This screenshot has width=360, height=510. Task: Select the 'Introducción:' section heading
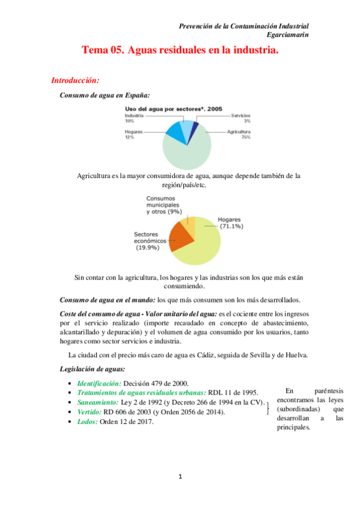pos(75,80)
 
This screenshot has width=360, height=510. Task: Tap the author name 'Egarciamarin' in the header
pos(288,35)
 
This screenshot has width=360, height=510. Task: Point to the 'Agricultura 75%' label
pos(239,134)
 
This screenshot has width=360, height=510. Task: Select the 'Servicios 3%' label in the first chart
pos(240,118)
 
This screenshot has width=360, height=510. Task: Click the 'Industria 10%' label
pos(135,118)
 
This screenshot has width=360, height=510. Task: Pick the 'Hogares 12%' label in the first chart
pos(133,134)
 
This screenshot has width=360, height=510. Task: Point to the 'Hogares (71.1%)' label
pos(231,223)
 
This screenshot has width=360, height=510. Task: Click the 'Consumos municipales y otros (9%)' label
pos(164,205)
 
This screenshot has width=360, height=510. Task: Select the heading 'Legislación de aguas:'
pos(93,369)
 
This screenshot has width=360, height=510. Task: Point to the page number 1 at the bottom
pos(180,477)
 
